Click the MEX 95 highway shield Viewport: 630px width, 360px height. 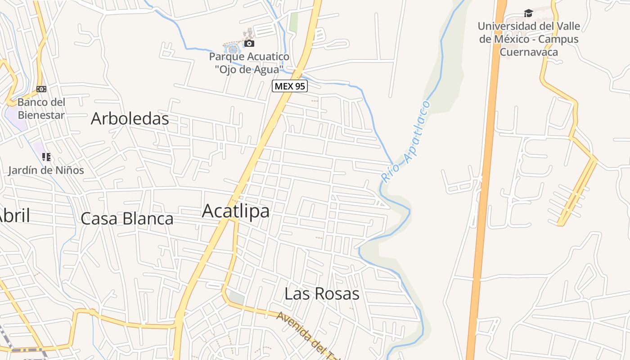(289, 86)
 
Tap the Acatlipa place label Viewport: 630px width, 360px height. (236, 211)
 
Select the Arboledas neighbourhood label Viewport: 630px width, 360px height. (130, 119)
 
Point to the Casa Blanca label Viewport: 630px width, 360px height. (127, 219)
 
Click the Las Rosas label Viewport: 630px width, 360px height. (322, 294)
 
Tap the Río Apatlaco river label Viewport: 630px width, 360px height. (405, 142)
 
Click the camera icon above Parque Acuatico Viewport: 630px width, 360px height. (249, 44)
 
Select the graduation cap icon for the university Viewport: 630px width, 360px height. (528, 13)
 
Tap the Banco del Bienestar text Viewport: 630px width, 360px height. (41, 108)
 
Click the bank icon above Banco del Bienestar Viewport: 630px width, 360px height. (41, 89)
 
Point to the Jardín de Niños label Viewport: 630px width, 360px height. (46, 171)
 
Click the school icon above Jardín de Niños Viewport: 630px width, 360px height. (46, 157)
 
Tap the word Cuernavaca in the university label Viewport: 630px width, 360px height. (529, 52)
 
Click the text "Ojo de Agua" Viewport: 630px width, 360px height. (249, 69)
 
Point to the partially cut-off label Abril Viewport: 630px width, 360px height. (14, 216)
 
